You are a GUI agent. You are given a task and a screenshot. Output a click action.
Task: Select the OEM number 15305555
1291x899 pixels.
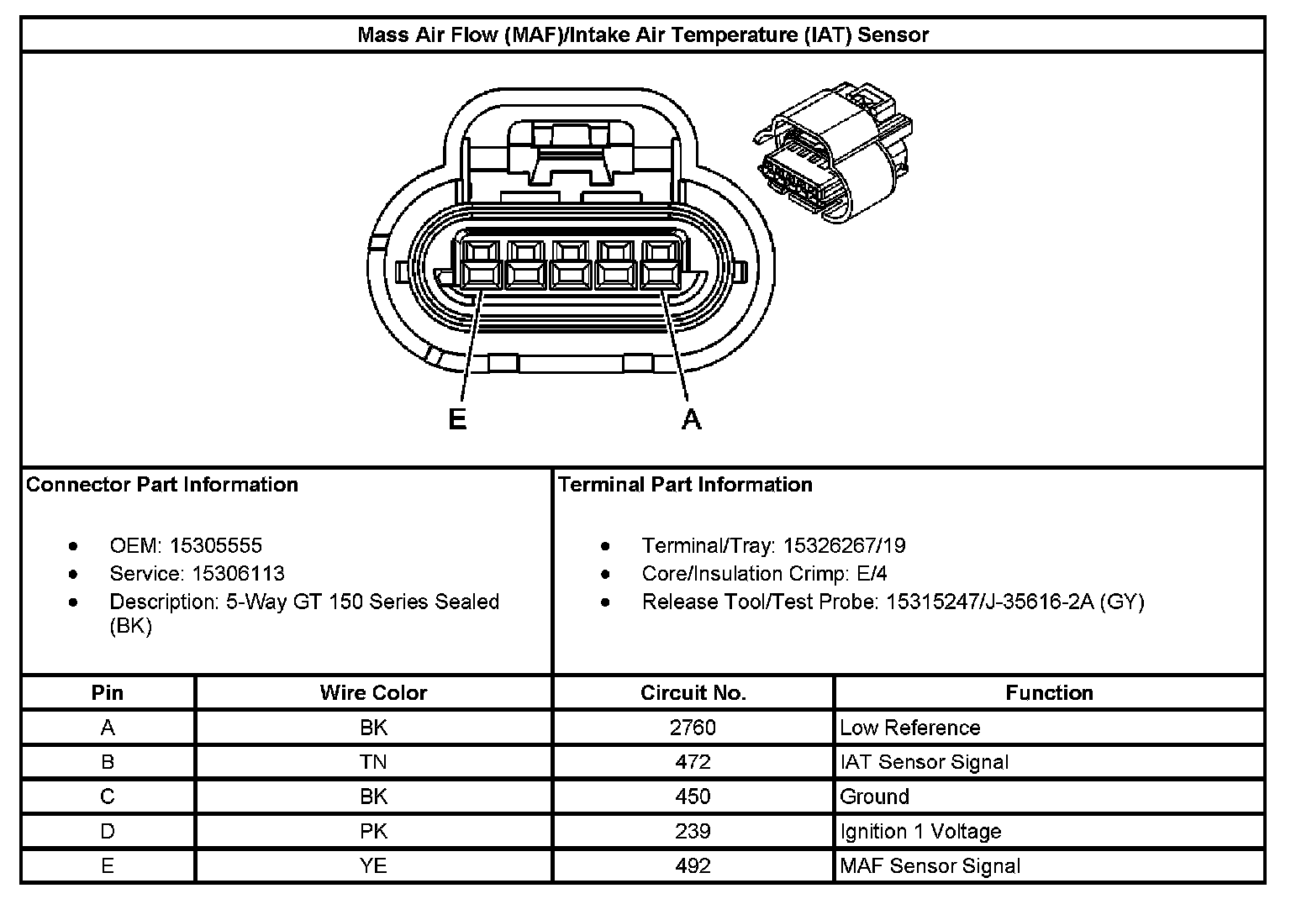(x=216, y=545)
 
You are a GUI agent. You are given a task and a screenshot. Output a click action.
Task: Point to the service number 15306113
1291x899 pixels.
(x=238, y=574)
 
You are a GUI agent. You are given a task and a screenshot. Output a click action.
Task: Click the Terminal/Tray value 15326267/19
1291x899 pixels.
(x=844, y=545)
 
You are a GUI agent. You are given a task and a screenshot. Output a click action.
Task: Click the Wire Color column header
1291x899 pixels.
(x=373, y=693)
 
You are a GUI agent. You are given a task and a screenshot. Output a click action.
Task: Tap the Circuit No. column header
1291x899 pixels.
(x=693, y=693)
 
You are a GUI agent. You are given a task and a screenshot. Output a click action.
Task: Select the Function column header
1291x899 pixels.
(x=1049, y=693)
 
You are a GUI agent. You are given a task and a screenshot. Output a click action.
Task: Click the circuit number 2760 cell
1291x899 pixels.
(x=693, y=728)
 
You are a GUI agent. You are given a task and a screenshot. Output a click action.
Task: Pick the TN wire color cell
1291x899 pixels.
(x=373, y=762)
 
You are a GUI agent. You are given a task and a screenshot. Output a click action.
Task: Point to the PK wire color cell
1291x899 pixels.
(x=373, y=831)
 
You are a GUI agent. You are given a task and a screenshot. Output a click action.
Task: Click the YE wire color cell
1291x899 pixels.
(x=373, y=865)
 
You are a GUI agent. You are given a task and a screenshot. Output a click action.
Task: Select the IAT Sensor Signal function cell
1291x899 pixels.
(x=924, y=762)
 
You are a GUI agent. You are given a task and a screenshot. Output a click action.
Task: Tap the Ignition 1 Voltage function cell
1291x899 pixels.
(x=920, y=831)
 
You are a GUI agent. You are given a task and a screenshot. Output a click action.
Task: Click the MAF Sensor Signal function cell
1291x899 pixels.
(x=930, y=865)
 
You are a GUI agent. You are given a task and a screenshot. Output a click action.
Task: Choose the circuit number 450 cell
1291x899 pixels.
(x=693, y=796)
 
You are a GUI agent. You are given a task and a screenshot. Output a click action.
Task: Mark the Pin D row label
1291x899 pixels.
(x=108, y=831)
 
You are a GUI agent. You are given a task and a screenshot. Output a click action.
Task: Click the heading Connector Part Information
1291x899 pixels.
(x=162, y=485)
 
